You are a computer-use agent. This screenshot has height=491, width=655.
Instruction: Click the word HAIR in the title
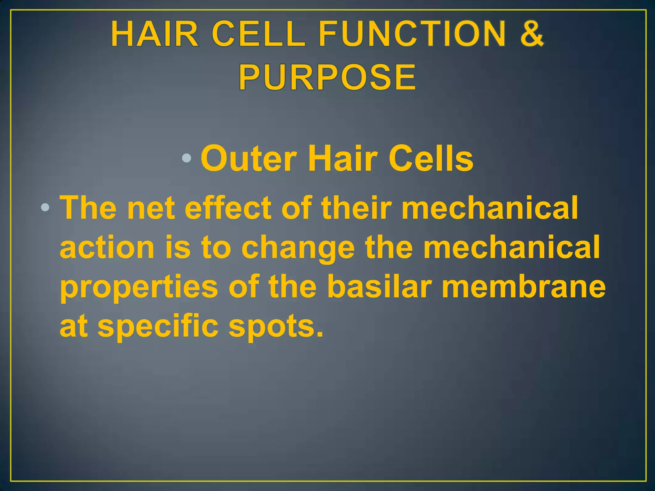[x=155, y=34]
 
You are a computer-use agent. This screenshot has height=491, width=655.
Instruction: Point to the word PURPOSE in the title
[x=327, y=78]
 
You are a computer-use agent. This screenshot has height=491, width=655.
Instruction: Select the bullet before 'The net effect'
[x=45, y=208]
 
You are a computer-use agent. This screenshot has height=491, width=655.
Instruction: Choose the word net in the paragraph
[x=151, y=209]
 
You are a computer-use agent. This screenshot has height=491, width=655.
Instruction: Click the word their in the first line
[x=356, y=208]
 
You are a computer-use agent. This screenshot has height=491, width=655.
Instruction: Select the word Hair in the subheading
[x=342, y=159]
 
